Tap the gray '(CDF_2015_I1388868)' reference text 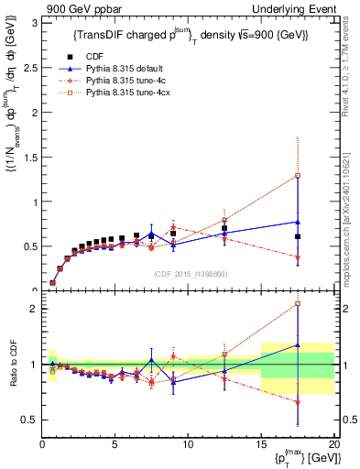189,274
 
